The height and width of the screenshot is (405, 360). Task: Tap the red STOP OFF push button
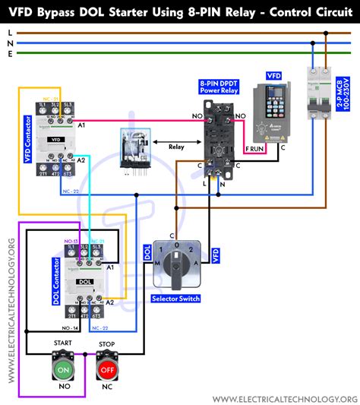107,370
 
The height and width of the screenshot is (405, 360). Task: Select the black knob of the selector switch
176,267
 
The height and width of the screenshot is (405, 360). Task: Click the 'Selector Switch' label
175,299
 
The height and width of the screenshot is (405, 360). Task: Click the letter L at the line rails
8,33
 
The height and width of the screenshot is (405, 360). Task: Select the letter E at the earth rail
8,53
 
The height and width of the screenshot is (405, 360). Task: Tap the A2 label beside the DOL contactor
110,302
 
